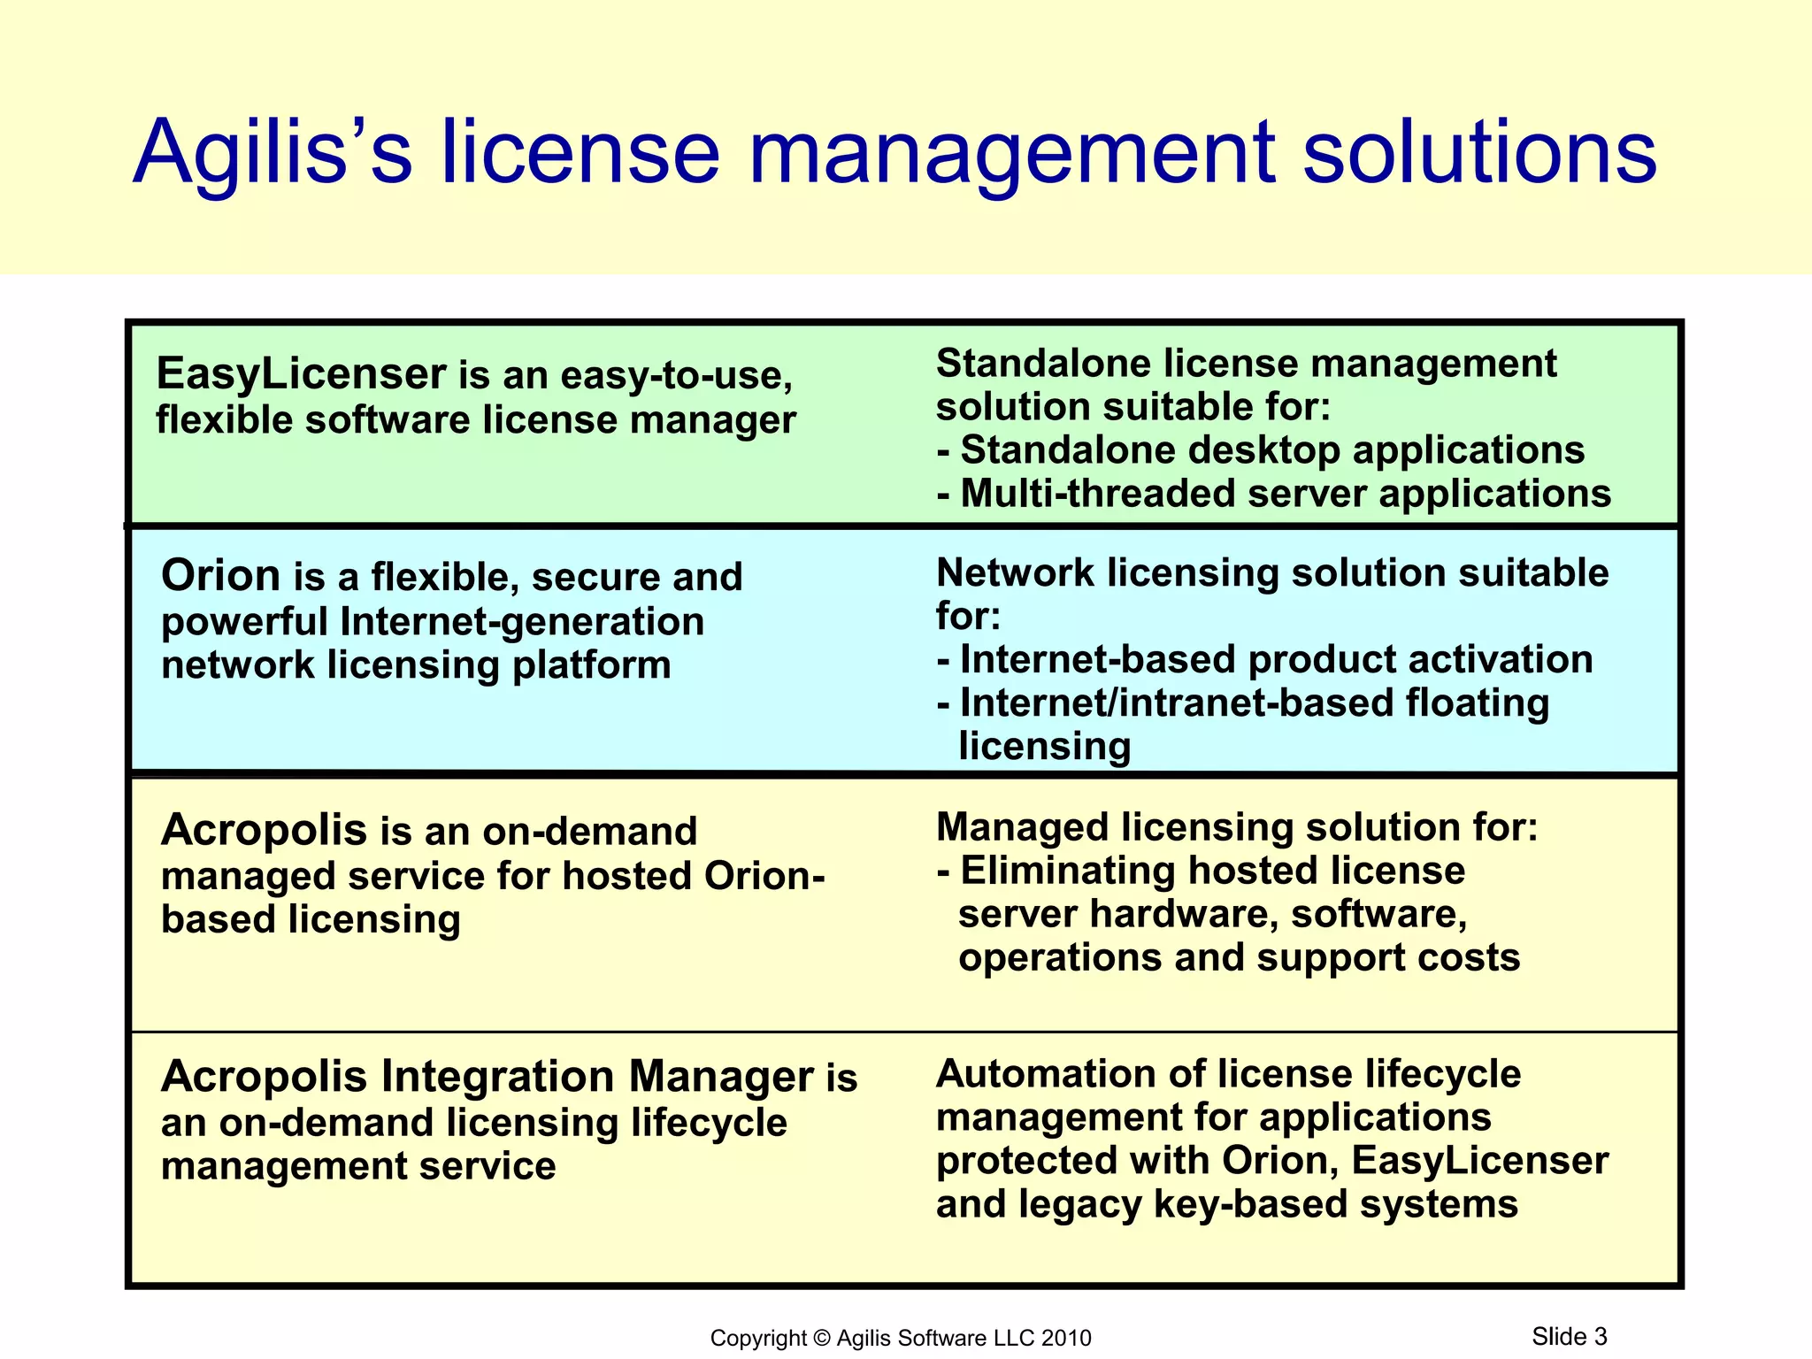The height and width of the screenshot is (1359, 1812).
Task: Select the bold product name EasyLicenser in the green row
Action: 301,373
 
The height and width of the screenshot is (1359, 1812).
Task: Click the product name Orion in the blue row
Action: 220,576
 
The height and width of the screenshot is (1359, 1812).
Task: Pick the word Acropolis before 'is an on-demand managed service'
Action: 264,830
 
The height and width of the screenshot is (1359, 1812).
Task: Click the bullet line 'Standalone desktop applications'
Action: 1271,450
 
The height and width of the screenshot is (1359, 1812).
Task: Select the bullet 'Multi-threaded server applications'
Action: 1285,494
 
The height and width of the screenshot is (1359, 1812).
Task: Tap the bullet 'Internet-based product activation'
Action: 1275,660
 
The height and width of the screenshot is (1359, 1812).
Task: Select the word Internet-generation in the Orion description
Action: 521,621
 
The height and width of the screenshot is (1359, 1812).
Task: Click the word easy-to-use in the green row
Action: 676,376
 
